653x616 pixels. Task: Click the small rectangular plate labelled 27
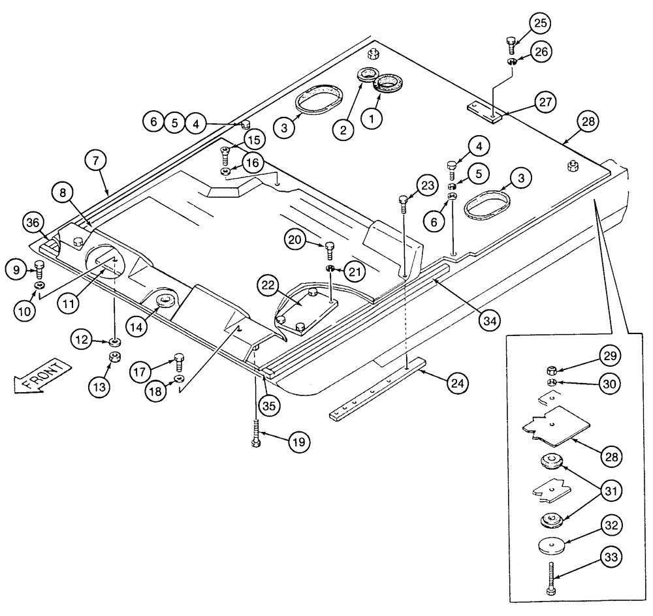[x=485, y=112]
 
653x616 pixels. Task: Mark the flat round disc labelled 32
[x=552, y=545]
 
